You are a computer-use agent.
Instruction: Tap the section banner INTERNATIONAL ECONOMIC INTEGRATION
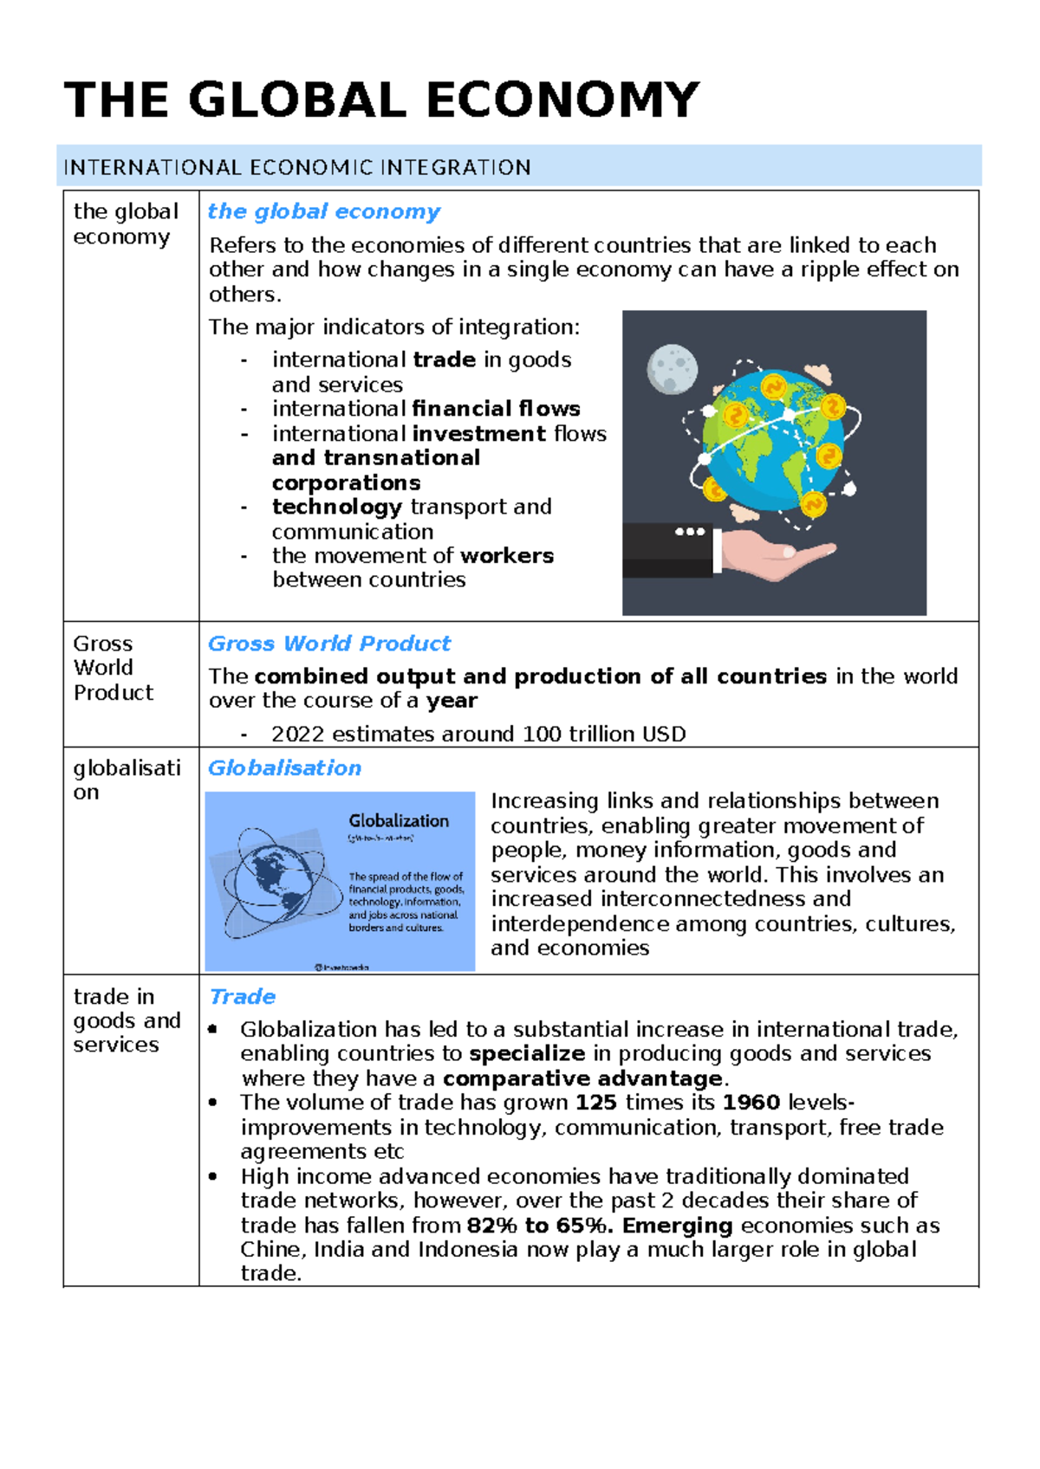297,167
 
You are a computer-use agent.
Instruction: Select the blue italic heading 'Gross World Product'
328,644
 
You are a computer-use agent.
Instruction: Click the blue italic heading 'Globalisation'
284,768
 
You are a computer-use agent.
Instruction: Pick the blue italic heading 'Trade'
243,997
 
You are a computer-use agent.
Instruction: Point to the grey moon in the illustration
672,368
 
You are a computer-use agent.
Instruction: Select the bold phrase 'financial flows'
496,409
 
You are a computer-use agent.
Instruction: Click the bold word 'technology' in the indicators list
336,507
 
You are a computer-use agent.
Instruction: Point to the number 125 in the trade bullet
596,1103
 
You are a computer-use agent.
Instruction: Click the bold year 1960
751,1103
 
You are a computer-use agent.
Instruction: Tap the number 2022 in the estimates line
298,734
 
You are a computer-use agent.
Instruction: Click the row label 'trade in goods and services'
127,1020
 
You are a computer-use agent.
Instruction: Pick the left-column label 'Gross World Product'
113,668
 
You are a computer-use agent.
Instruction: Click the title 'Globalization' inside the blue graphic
399,821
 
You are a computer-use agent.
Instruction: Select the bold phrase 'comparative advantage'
582,1078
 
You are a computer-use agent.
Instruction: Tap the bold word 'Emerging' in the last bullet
678,1226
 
